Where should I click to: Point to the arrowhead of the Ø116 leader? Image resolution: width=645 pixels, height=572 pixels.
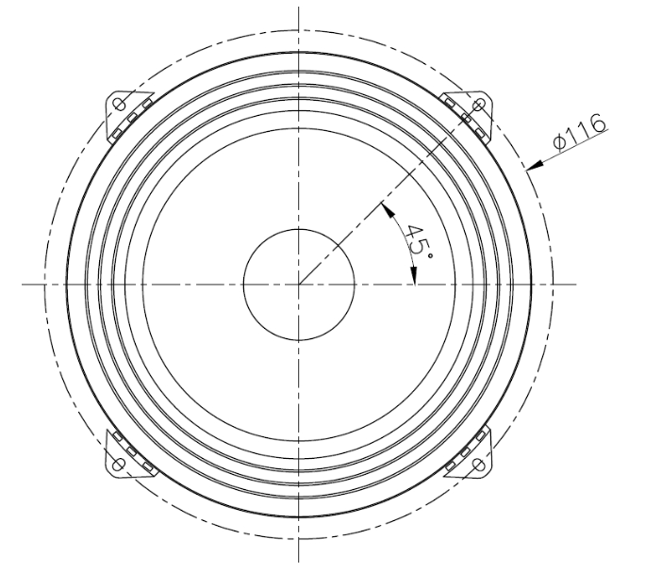[x=534, y=165]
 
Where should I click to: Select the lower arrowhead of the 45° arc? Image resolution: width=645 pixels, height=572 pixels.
[x=414, y=275]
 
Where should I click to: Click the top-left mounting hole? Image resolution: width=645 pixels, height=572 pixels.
[x=120, y=105]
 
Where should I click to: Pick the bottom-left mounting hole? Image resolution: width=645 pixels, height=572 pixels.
[x=119, y=465]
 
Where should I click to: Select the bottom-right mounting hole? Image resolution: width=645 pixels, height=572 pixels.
[x=479, y=465]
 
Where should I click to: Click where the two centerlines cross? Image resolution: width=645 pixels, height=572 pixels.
[x=299, y=285]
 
